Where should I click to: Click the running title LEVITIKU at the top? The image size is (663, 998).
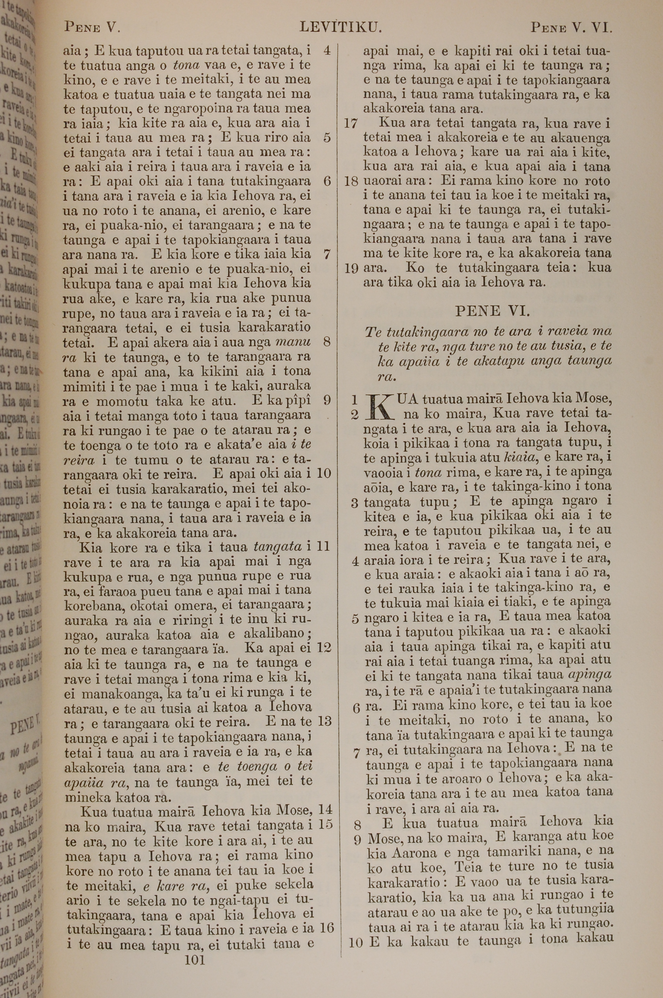(x=341, y=28)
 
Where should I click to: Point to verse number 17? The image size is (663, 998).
(x=351, y=124)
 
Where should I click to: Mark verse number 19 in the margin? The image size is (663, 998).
(x=351, y=269)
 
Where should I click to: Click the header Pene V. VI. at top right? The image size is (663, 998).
(x=571, y=28)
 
